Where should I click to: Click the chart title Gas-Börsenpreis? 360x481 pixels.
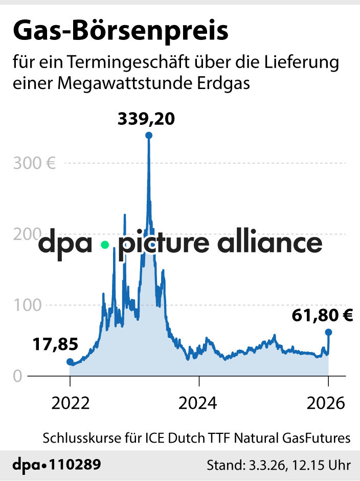tap(120, 32)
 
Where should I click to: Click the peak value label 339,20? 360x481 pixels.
tap(146, 119)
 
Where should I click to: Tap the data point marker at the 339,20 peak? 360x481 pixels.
tap(149, 136)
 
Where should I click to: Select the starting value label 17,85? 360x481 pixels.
tap(50, 344)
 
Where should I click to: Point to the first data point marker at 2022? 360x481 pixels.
tap(70, 362)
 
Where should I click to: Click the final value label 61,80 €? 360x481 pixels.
tap(322, 315)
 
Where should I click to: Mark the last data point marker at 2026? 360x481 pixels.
tap(328, 332)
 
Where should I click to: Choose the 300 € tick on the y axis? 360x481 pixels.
tap(34, 164)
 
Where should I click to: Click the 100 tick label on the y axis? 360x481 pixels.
tap(26, 305)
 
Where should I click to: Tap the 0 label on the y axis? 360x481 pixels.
tap(17, 376)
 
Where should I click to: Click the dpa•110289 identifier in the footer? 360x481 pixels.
tap(56, 465)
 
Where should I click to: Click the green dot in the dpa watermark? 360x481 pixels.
tap(105, 245)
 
